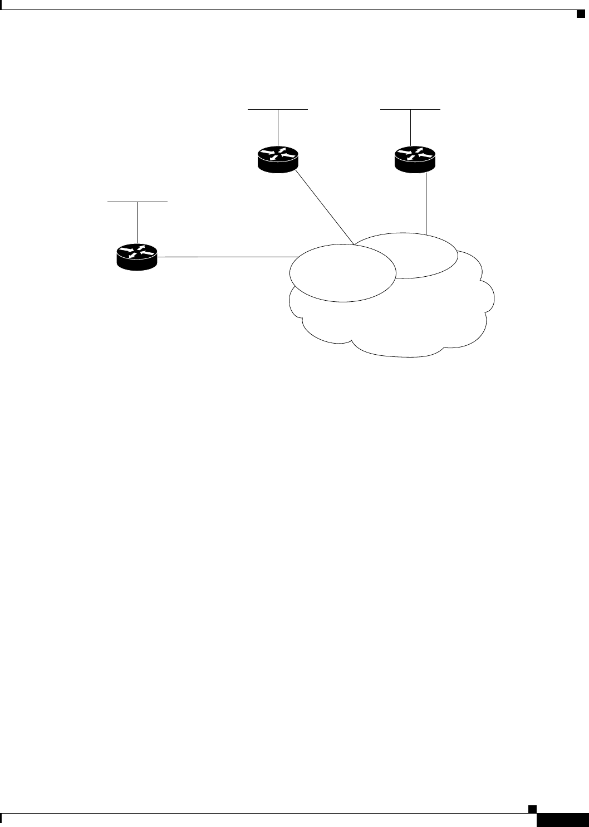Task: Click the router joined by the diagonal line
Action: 278,159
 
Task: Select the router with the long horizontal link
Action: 137,257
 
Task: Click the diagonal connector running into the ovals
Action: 325,207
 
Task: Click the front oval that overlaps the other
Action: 342,273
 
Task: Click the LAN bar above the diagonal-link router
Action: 278,110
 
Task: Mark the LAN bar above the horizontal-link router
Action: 137,200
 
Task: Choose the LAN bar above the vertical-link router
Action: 410,110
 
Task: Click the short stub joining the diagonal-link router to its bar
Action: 278,128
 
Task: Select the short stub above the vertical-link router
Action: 410,128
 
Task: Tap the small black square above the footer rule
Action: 532,808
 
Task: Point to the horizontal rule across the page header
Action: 289,9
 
